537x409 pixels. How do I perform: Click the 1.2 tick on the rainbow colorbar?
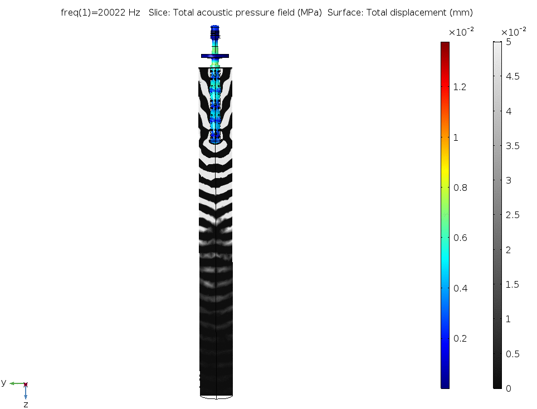[x=460, y=87]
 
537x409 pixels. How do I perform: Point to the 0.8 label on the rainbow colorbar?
[x=460, y=188]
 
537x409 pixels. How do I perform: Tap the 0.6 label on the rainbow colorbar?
[x=460, y=238]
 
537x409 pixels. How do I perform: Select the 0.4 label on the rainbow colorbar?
[x=460, y=288]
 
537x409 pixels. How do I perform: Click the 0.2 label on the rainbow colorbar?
[x=460, y=338]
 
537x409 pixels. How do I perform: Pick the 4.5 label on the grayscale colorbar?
[x=512, y=76]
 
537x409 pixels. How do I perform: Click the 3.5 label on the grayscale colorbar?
[x=512, y=146]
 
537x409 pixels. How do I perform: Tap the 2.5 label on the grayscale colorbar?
[x=512, y=215]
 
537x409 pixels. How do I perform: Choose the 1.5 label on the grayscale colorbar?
[x=512, y=284]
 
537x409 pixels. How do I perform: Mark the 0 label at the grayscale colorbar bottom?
[x=508, y=388]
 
